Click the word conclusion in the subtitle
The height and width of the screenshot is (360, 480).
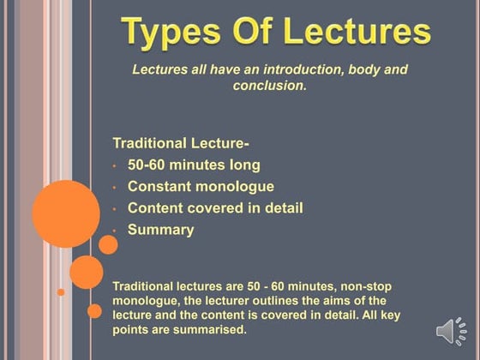coord(270,86)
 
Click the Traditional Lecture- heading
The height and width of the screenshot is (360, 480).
coord(175,142)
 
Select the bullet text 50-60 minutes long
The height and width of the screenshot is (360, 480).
coord(194,165)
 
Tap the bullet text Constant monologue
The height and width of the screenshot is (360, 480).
coord(201,186)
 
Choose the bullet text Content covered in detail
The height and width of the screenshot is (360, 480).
coord(215,207)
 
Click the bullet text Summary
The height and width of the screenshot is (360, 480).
coord(160,229)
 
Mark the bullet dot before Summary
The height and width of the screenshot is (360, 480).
coord(114,231)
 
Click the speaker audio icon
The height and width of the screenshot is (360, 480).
coord(451,332)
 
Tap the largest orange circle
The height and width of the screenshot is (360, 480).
coord(66,213)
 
